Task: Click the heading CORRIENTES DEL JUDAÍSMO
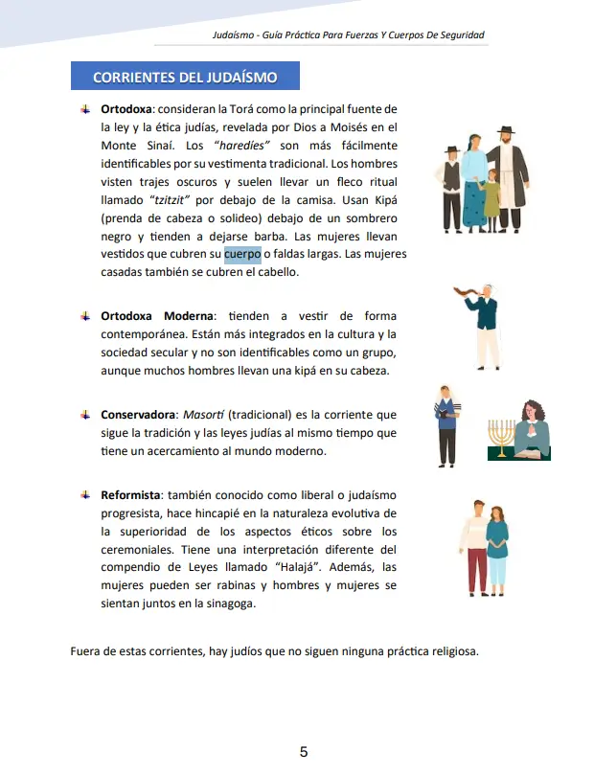click(185, 77)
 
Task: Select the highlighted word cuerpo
click(242, 254)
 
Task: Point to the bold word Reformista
click(130, 495)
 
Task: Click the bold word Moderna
click(189, 315)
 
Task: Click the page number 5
click(304, 752)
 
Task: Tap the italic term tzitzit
click(171, 200)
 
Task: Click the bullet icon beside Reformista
click(85, 495)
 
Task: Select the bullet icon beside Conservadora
click(85, 415)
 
